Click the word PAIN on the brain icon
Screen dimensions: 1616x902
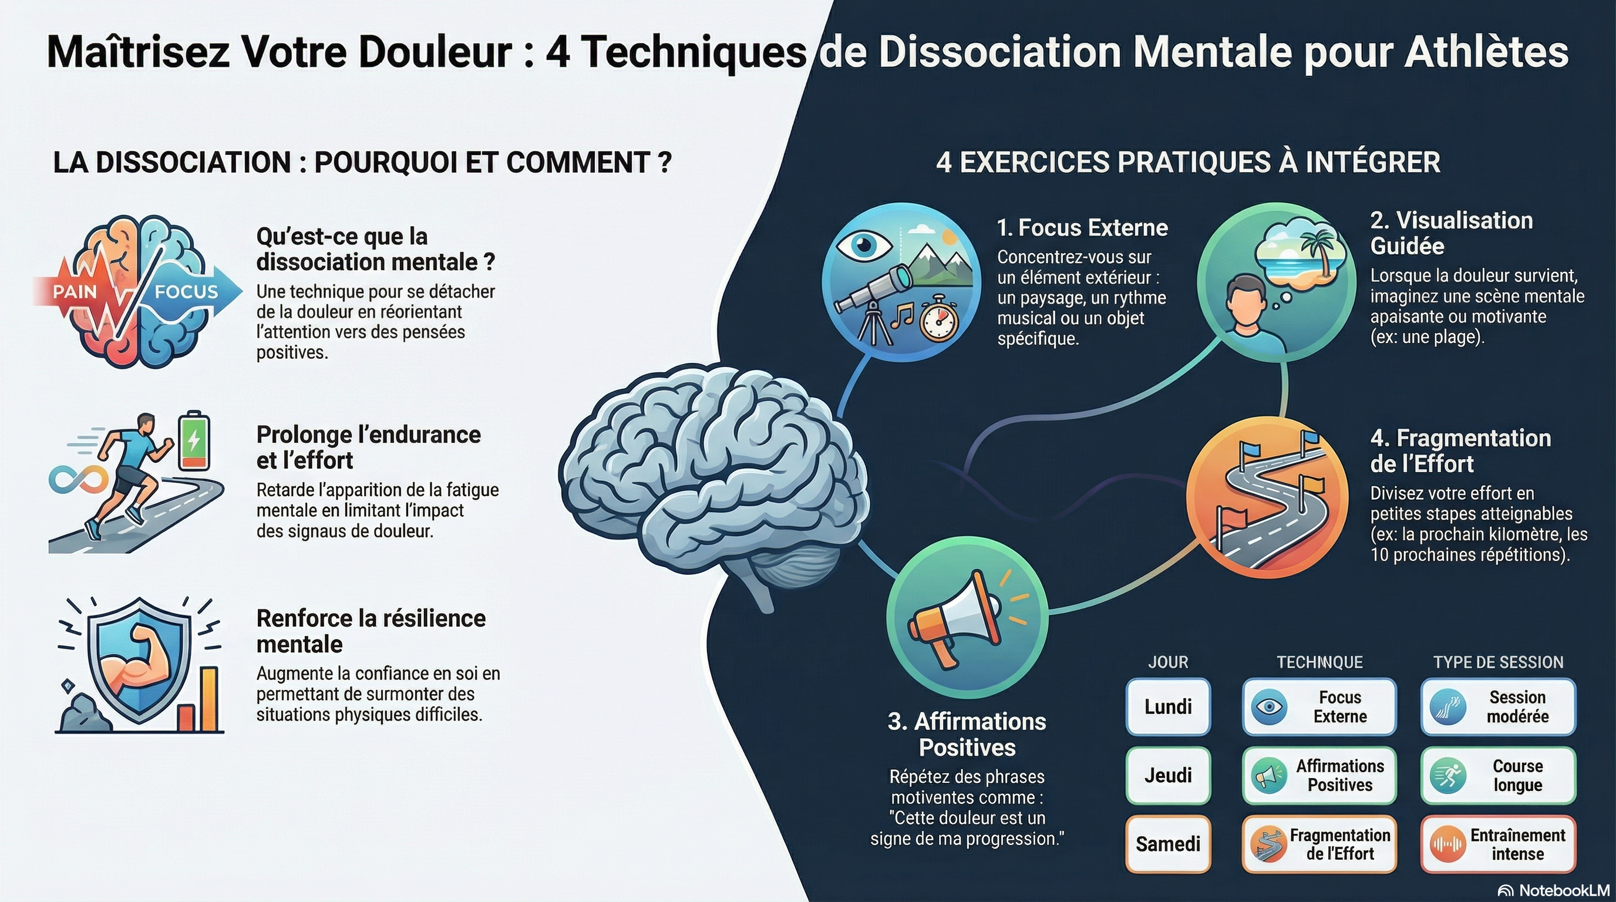[75, 292]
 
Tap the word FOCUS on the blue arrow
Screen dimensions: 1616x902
[186, 292]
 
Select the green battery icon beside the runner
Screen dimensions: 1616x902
[194, 440]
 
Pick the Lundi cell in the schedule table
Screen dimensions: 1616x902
[1168, 707]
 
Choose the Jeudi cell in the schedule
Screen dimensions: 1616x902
[1168, 775]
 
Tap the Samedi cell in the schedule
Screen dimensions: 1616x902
[1168, 844]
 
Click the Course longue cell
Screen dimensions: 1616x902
[1498, 775]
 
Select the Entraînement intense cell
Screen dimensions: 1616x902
[1498, 844]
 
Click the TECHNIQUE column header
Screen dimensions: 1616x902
[1320, 662]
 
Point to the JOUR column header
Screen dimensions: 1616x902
[1168, 662]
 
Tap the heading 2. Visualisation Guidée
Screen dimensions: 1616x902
[1452, 233]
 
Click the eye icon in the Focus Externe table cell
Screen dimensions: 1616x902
[1269, 707]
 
